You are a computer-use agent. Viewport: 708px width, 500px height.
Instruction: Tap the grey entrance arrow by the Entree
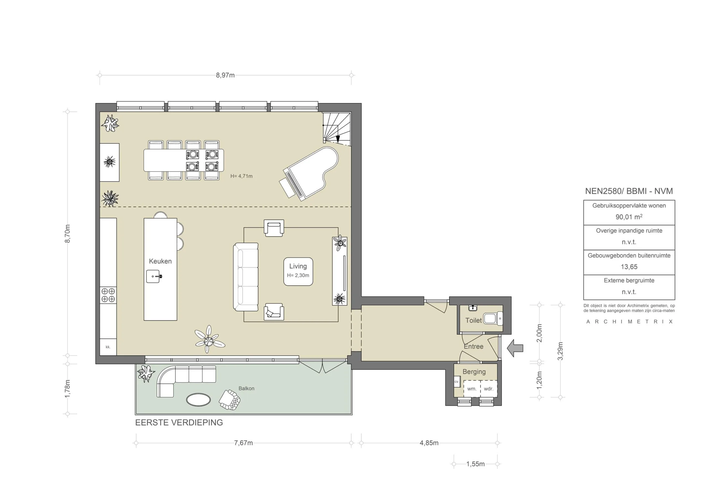click(x=516, y=348)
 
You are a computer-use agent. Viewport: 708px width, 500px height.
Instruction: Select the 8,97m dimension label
click(x=225, y=75)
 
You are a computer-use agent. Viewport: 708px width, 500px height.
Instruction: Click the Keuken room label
click(x=160, y=261)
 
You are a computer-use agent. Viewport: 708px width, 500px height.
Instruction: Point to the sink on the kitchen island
click(x=153, y=276)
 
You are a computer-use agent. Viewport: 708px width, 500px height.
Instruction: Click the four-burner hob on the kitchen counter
click(x=108, y=295)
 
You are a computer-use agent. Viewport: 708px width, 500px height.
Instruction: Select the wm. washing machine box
click(x=472, y=389)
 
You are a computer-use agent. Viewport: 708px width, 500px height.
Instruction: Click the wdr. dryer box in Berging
click(x=489, y=389)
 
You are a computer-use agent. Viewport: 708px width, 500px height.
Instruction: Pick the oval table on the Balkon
click(x=198, y=400)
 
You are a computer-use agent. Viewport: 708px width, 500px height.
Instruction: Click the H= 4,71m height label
click(x=241, y=176)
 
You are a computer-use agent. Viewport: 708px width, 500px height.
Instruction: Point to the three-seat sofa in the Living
click(x=246, y=277)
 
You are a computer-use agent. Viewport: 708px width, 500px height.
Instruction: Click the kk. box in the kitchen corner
click(x=108, y=347)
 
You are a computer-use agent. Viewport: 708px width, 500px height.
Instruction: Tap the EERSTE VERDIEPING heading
click(x=179, y=422)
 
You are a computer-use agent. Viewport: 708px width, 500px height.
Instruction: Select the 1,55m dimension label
click(x=475, y=464)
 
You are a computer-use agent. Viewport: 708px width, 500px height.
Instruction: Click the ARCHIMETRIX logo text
click(x=629, y=321)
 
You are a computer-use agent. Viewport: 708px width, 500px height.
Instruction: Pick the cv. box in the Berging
click(x=457, y=382)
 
